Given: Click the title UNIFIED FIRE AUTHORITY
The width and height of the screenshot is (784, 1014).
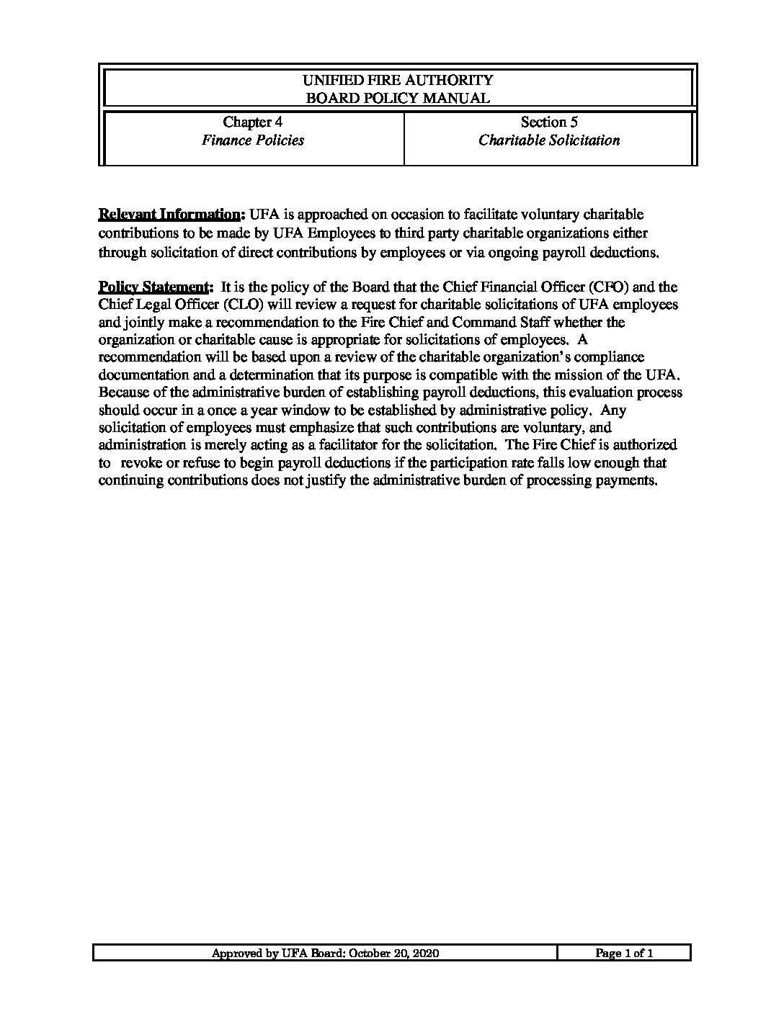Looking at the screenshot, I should [398, 80].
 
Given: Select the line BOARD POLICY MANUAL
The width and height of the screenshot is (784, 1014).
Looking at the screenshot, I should [398, 98].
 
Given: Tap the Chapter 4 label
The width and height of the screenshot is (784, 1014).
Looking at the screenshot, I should [248, 122].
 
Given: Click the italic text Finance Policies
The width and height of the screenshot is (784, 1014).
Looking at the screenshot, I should [252, 140].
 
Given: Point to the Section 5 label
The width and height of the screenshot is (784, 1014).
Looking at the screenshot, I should [549, 122].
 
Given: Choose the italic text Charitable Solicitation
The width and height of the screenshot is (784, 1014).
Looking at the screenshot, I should [549, 140].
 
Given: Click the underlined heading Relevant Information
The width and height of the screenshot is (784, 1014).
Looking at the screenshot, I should [169, 215].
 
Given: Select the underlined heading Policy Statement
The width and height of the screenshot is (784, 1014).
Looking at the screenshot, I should [154, 287].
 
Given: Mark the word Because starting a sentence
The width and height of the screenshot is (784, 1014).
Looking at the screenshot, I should [122, 392].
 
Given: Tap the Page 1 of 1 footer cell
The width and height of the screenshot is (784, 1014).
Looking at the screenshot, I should [624, 954].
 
